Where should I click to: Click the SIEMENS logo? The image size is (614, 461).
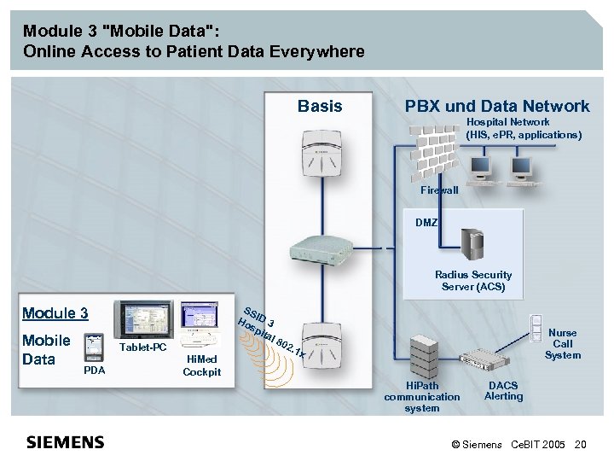coord(66,442)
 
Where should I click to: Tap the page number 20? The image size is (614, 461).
coord(582,445)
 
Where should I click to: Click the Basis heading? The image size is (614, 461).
coord(320,107)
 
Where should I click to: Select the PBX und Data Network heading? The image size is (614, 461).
coord(497,107)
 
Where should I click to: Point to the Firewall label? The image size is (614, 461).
coord(439,190)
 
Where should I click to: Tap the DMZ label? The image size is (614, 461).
coord(426,222)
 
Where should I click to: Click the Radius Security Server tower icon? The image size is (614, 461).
coord(472,244)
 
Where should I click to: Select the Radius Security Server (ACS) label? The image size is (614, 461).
coord(473,281)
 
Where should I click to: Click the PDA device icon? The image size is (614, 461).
coord(93,348)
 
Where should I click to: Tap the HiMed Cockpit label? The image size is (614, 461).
coord(202,365)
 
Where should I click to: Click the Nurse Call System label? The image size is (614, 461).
coord(563,344)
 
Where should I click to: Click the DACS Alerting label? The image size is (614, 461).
coord(503,391)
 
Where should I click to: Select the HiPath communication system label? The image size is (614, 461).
coord(422,397)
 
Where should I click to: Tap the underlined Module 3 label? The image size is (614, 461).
coord(55,313)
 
